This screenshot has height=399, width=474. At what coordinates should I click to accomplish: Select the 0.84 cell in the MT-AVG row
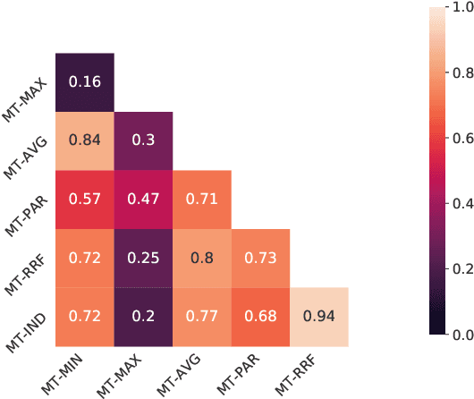click(x=85, y=140)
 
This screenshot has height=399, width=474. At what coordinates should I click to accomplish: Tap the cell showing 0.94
click(x=319, y=317)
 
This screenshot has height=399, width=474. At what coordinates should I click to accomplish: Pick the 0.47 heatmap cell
click(x=143, y=199)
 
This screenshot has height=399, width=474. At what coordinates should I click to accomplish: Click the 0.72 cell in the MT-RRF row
click(x=85, y=258)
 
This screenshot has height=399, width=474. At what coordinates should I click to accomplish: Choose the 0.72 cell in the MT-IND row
click(x=85, y=317)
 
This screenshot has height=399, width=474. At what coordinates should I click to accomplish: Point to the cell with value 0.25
click(x=143, y=258)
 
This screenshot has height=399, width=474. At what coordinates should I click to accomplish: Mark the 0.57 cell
click(x=85, y=199)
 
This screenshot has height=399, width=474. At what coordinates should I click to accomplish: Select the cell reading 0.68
click(x=260, y=317)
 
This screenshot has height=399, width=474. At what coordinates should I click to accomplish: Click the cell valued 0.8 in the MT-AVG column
click(x=202, y=258)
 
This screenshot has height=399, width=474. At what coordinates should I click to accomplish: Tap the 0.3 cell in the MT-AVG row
click(x=143, y=140)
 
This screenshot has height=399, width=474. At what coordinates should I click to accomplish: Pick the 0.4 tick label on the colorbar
click(x=460, y=204)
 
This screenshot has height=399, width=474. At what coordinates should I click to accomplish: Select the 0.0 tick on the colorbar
click(x=460, y=335)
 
